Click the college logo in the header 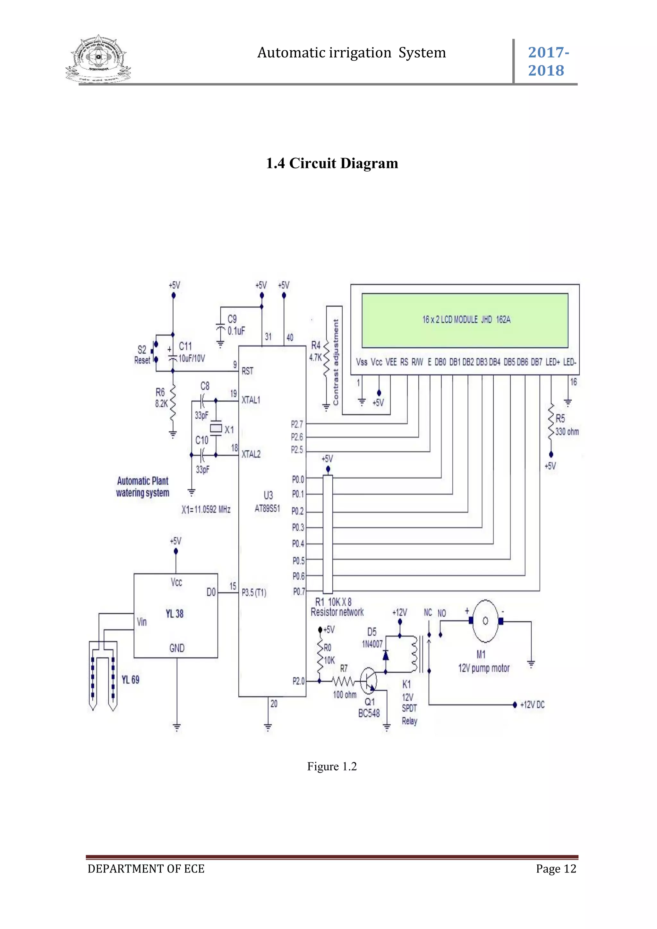(x=98, y=59)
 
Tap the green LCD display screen (x=465, y=320)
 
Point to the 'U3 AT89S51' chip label (x=268, y=502)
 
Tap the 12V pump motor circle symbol (x=485, y=621)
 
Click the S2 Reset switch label (x=142, y=354)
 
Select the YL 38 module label (x=175, y=614)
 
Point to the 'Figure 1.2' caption (x=332, y=766)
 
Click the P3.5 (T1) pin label (x=254, y=593)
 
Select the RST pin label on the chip (x=247, y=371)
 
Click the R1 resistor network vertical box (x=328, y=534)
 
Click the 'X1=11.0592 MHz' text (x=206, y=509)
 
